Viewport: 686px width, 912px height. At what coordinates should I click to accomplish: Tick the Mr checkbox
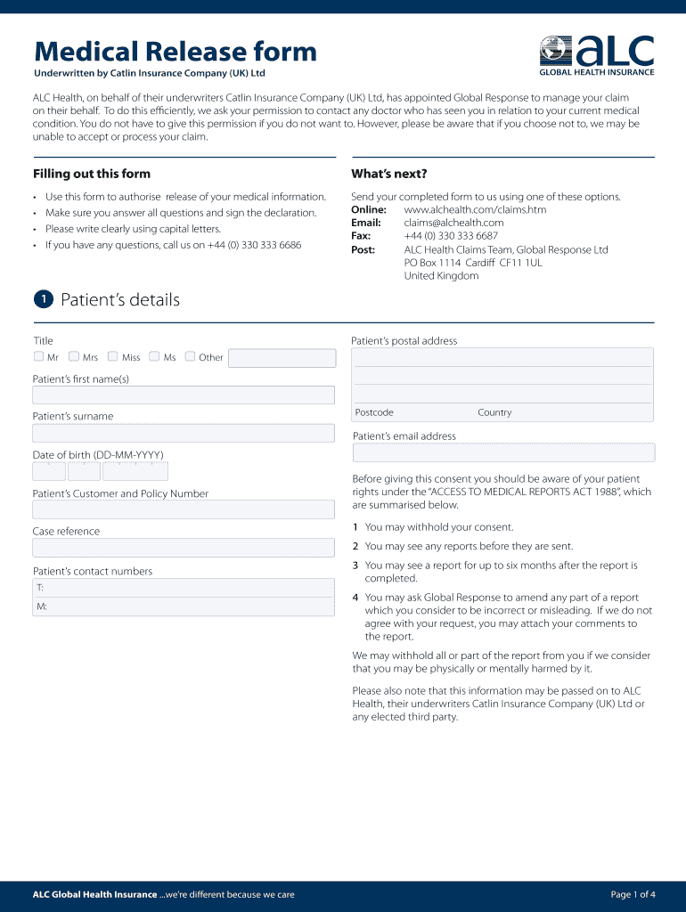click(x=38, y=357)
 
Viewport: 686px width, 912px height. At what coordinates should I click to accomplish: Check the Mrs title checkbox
click(x=74, y=357)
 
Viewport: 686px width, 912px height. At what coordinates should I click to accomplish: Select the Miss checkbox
click(x=113, y=357)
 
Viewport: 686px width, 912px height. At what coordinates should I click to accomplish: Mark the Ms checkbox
click(x=155, y=357)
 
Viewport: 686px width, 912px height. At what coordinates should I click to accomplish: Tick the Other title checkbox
click(x=190, y=357)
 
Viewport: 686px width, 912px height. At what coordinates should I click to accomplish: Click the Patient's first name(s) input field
click(x=184, y=395)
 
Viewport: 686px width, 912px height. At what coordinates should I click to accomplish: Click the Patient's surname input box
click(x=184, y=434)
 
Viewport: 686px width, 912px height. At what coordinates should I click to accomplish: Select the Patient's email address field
click(x=503, y=452)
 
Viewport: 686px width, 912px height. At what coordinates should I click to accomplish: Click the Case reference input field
click(x=184, y=549)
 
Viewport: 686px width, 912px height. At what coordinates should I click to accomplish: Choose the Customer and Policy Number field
click(x=184, y=510)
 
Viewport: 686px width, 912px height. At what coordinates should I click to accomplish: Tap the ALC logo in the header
click(x=597, y=55)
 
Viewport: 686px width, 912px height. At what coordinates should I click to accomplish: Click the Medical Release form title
click(x=175, y=52)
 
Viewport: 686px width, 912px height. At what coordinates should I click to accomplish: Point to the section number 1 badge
click(x=43, y=299)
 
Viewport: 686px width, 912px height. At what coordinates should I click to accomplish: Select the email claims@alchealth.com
click(x=453, y=223)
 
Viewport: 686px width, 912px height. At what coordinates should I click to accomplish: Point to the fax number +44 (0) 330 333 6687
click(x=451, y=236)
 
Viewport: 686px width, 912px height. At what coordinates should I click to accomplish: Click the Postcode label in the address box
click(x=374, y=412)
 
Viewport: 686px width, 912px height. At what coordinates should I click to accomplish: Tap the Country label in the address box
click(x=494, y=412)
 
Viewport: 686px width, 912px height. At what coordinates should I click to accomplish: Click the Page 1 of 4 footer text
click(x=633, y=894)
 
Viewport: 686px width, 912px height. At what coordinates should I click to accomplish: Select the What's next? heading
click(x=389, y=174)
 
